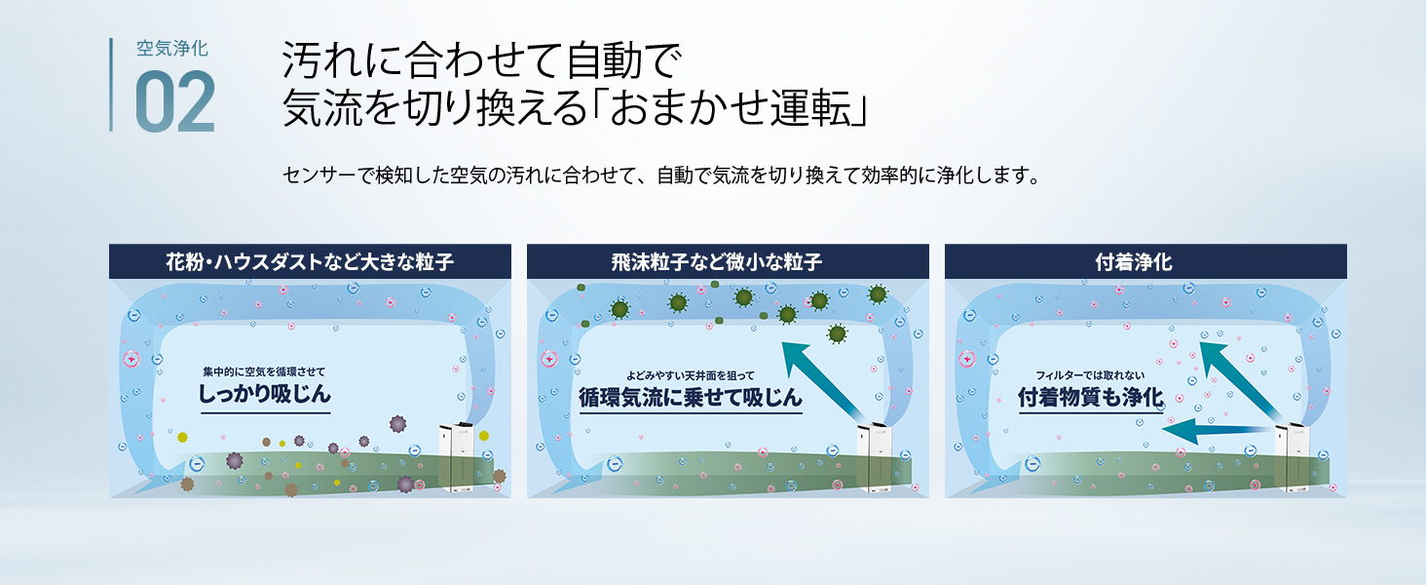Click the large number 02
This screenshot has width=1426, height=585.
[x=175, y=101]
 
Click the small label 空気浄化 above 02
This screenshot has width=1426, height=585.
[x=171, y=49]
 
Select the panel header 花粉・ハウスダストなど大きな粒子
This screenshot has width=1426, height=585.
[x=310, y=262]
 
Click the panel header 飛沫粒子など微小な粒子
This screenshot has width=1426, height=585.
[x=717, y=262]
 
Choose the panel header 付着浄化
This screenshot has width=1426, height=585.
[x=1133, y=262]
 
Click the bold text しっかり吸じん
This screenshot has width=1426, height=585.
[x=265, y=393]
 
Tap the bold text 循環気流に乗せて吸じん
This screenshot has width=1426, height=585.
[x=690, y=397]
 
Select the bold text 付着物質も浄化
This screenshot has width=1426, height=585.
[x=1091, y=397]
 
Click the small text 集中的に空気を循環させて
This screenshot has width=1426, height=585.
[x=264, y=371]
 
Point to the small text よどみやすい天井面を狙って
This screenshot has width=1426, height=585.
[x=690, y=376]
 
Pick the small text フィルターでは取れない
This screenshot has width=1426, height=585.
[x=1090, y=375]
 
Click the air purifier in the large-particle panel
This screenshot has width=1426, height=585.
[x=458, y=458]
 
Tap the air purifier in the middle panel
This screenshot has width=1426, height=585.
[x=874, y=458]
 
